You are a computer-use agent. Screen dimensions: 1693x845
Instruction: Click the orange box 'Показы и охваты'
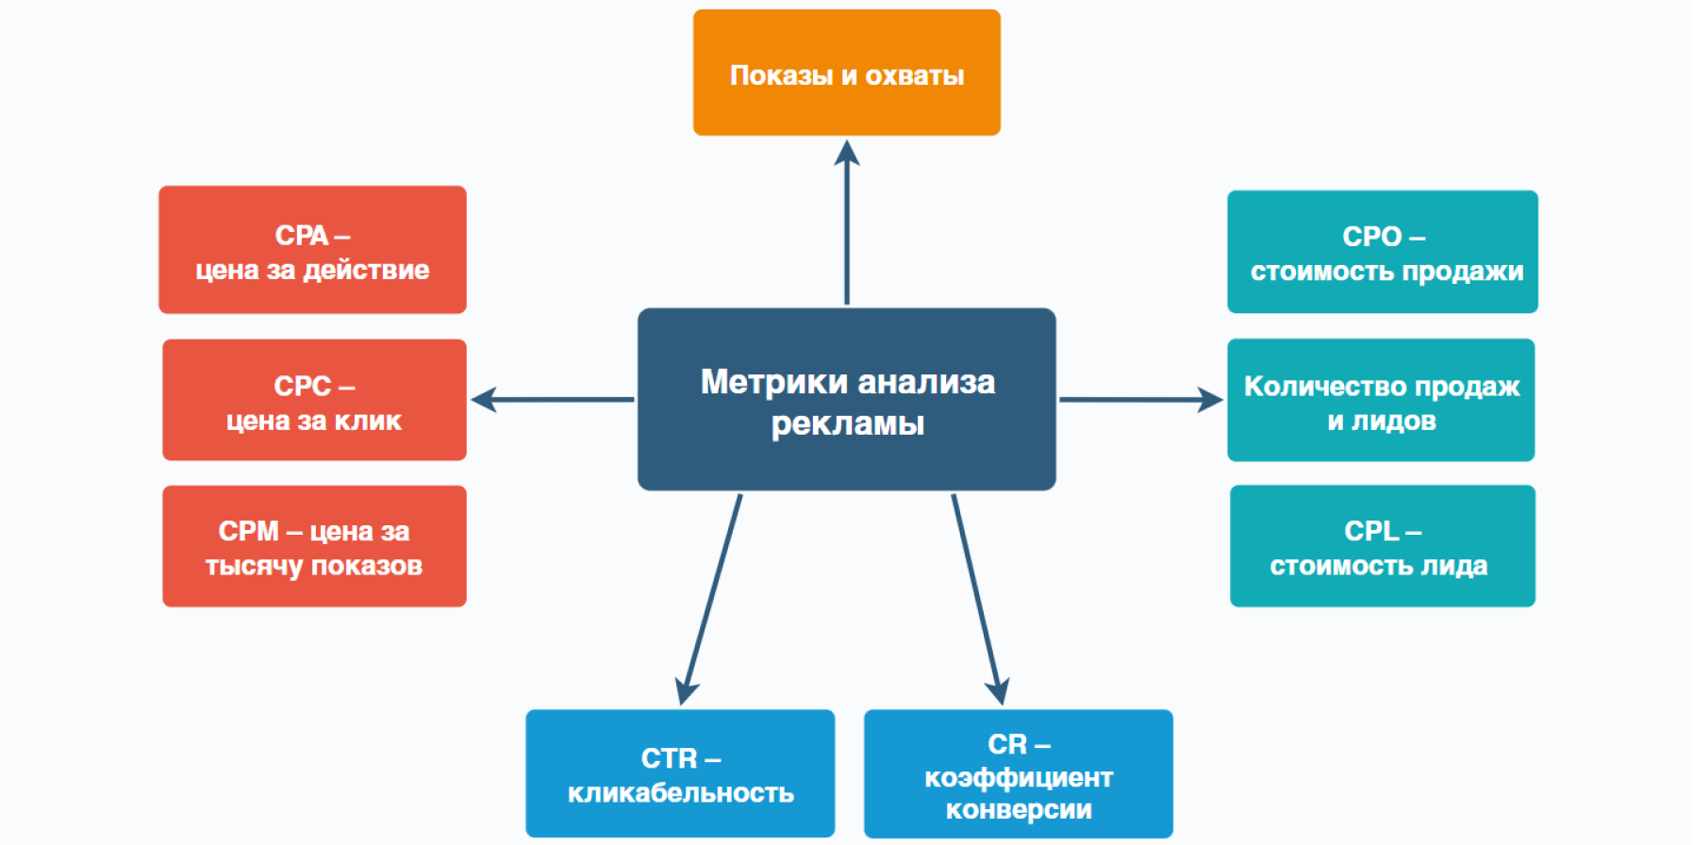(x=846, y=73)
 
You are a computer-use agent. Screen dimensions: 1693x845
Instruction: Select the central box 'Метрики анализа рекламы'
(x=846, y=399)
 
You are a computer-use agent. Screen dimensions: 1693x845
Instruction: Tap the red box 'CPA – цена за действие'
(x=312, y=250)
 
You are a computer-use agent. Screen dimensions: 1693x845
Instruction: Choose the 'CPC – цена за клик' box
(x=314, y=400)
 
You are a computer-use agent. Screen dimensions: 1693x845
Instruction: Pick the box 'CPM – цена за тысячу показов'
(x=314, y=546)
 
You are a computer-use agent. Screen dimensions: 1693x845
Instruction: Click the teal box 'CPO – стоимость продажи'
(x=1383, y=252)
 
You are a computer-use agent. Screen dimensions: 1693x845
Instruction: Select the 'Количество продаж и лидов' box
(x=1381, y=400)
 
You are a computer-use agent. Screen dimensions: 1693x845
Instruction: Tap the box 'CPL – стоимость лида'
(x=1383, y=546)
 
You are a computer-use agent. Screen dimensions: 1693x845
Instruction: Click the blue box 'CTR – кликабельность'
(x=680, y=773)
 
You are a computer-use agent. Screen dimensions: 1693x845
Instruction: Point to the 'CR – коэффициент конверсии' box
(x=1019, y=773)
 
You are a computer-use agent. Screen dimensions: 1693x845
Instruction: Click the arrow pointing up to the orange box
(x=847, y=223)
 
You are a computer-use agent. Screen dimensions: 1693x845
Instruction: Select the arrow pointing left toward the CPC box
(x=553, y=400)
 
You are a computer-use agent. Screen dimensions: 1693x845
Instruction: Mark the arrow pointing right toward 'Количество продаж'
(x=1141, y=400)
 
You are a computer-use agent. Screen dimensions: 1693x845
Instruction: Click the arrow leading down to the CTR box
(x=710, y=600)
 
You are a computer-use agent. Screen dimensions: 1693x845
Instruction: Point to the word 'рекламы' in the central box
(x=848, y=424)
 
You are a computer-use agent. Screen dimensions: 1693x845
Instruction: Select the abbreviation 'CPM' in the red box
(x=249, y=531)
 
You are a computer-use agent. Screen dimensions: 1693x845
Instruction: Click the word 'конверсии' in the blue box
(x=1019, y=810)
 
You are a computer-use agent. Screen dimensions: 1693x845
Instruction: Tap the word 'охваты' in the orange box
(x=915, y=75)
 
